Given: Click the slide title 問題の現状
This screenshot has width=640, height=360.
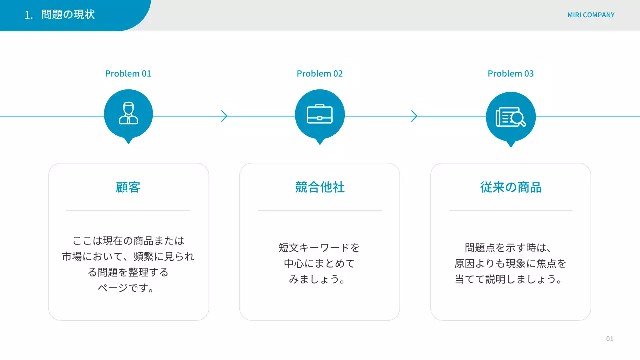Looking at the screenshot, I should click(x=68, y=15).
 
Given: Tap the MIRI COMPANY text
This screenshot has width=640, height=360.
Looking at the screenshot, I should click(x=591, y=15).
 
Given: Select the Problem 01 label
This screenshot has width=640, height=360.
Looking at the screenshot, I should click(x=128, y=74).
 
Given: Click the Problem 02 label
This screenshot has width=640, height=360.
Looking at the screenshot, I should click(x=320, y=74).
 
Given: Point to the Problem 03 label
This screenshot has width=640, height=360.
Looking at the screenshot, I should click(x=511, y=74).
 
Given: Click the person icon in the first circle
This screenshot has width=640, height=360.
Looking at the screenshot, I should click(x=128, y=113).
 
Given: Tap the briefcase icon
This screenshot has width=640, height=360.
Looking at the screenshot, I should click(x=320, y=114).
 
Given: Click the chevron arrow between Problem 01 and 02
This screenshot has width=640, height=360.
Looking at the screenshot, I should click(x=224, y=116).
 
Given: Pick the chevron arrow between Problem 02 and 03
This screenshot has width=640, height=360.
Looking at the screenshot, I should click(x=414, y=116).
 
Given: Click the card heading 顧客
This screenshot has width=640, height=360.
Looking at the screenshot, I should click(x=128, y=187).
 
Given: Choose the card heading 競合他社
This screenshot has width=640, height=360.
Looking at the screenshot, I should click(x=320, y=187).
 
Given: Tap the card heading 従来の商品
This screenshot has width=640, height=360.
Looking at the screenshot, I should click(x=511, y=187).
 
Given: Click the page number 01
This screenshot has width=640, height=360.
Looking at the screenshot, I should click(x=610, y=339).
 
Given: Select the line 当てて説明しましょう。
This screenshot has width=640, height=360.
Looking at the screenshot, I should click(x=510, y=279).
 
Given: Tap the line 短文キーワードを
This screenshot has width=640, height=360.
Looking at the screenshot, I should click(x=319, y=248).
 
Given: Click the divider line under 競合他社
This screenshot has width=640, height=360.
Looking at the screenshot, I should click(x=320, y=211).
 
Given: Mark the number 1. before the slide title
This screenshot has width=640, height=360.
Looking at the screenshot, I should click(x=29, y=15).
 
